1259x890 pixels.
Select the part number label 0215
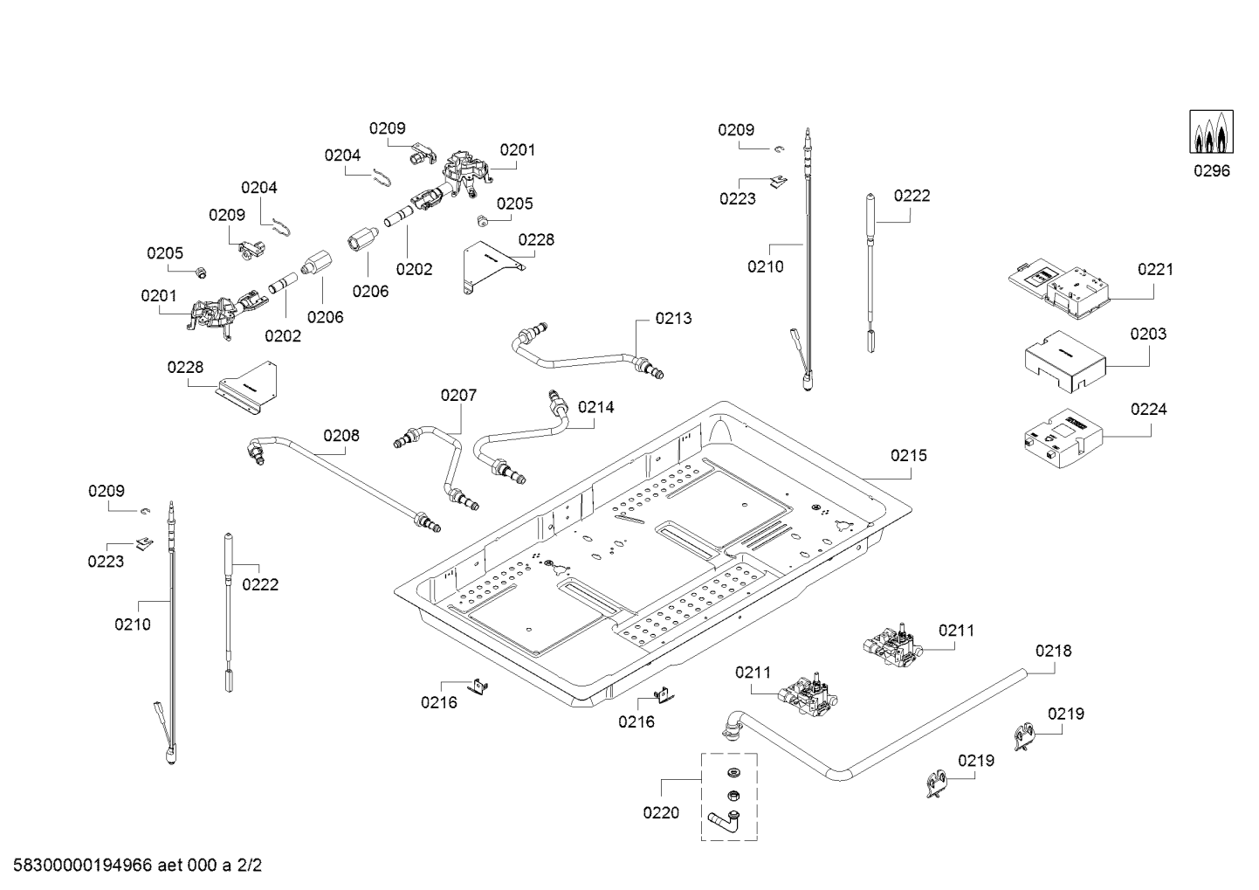[x=909, y=455]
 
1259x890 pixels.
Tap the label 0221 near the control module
[x=1155, y=269]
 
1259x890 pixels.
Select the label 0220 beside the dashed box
[x=660, y=813]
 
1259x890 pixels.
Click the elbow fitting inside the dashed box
[x=724, y=822]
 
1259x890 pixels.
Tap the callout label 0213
[x=673, y=318]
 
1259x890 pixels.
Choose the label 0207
[x=458, y=396]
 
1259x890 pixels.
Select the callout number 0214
[x=595, y=407]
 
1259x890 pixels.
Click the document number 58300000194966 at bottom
[x=79, y=866]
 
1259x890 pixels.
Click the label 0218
[x=1053, y=651]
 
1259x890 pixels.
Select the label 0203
[x=1147, y=334]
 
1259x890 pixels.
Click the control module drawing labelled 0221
[x=1061, y=289]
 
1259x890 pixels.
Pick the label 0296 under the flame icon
[x=1212, y=170]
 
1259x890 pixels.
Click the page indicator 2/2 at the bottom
[x=250, y=866]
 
